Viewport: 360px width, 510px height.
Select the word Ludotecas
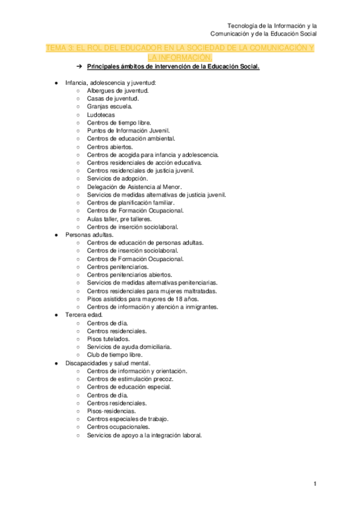[100, 114]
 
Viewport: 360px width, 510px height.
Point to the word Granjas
[98, 106]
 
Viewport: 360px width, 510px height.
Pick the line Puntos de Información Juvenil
[128, 131]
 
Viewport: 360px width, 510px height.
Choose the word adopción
[133, 179]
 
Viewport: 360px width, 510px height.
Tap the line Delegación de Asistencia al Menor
[130, 187]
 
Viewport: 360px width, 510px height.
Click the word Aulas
[95, 219]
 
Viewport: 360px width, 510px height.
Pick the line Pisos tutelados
[107, 339]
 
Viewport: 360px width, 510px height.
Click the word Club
[93, 355]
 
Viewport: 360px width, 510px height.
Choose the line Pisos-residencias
[111, 411]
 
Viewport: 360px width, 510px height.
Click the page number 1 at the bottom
[314, 484]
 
